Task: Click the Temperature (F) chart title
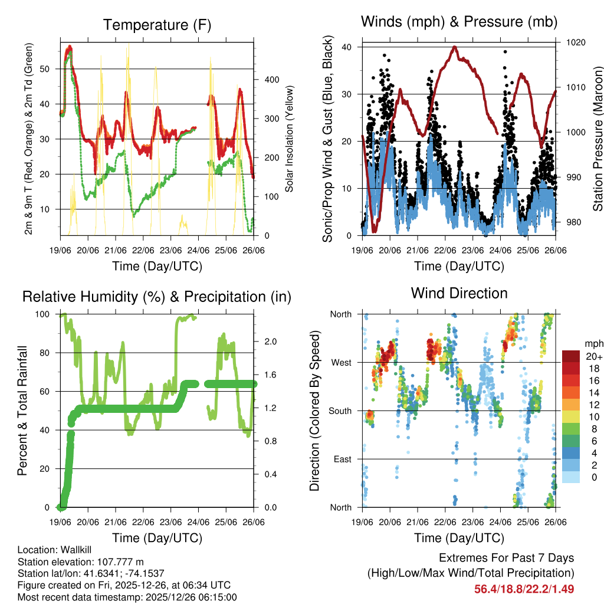tap(157, 25)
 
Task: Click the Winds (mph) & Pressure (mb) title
tap(459, 22)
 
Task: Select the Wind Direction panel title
tap(459, 293)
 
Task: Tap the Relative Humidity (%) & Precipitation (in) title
tap(157, 297)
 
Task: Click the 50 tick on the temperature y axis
tap(51, 69)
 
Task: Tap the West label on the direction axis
tap(341, 363)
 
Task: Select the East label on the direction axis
tap(342, 459)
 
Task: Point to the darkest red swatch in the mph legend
tap(571, 356)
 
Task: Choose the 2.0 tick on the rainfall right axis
tap(269, 342)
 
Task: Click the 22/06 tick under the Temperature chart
tap(143, 250)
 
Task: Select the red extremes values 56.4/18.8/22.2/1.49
tap(524, 589)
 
